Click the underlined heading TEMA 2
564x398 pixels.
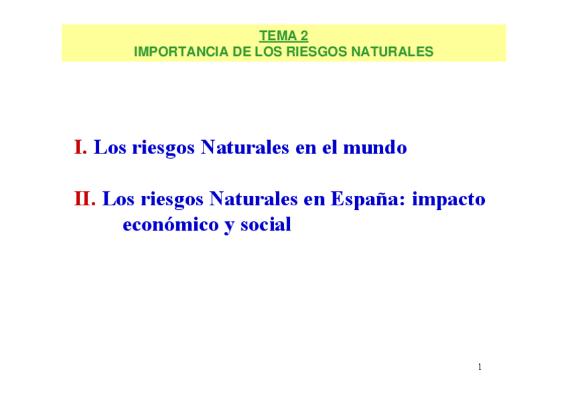(283, 37)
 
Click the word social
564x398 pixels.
(265, 225)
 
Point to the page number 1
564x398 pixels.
(480, 367)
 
